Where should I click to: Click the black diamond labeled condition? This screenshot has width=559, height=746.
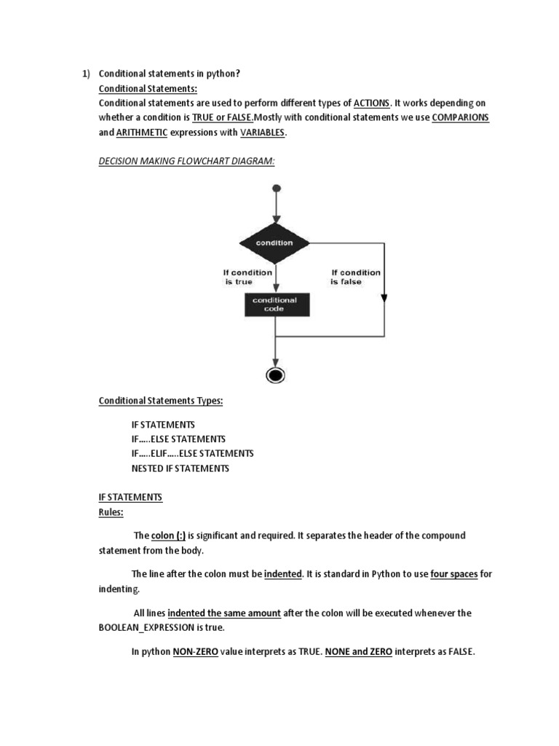275,243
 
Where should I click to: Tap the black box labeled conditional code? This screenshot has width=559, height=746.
275,304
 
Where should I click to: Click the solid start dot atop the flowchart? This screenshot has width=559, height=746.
276,189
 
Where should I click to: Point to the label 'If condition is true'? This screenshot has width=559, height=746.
247,277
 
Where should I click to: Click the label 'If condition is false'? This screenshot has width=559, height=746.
355,277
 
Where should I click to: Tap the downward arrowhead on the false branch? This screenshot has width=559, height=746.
384,297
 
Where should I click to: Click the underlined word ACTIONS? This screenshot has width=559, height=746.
372,103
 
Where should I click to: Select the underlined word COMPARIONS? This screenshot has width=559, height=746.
460,117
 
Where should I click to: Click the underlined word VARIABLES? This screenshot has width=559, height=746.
263,133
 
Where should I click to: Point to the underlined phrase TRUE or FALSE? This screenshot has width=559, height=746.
223,117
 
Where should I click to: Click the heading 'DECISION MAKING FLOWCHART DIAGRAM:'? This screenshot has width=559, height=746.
187,162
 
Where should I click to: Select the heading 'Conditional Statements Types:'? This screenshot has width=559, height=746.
161,401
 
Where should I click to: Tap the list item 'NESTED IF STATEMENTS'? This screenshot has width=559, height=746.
180,468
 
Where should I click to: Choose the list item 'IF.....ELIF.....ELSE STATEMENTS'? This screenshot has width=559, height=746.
192,453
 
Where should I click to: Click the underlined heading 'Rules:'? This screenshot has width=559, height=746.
111,512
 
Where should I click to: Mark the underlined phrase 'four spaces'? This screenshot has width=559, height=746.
454,574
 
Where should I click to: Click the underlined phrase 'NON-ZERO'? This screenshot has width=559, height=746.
191,652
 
